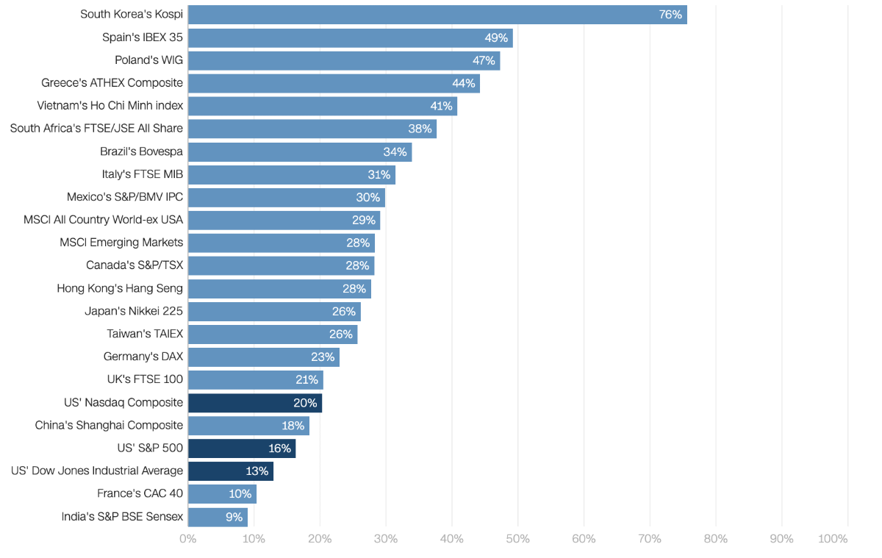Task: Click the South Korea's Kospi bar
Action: point(437,15)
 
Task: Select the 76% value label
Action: point(670,15)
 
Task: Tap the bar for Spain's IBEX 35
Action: point(350,37)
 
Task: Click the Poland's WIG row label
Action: point(148,60)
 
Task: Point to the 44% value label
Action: point(463,83)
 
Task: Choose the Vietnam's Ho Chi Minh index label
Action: point(110,106)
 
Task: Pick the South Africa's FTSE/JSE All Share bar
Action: point(312,129)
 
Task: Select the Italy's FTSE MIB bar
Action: point(291,174)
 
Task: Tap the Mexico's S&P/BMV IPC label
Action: point(125,197)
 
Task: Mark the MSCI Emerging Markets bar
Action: point(281,243)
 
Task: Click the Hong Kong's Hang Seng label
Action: point(120,288)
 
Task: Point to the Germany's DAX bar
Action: point(263,357)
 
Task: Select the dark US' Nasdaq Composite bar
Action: point(254,403)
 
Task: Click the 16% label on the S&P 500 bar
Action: point(280,448)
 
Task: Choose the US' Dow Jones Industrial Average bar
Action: point(230,471)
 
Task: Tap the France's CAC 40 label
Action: point(140,494)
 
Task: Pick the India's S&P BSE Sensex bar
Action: point(218,517)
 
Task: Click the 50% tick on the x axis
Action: point(517,539)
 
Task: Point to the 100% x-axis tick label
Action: point(833,539)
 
